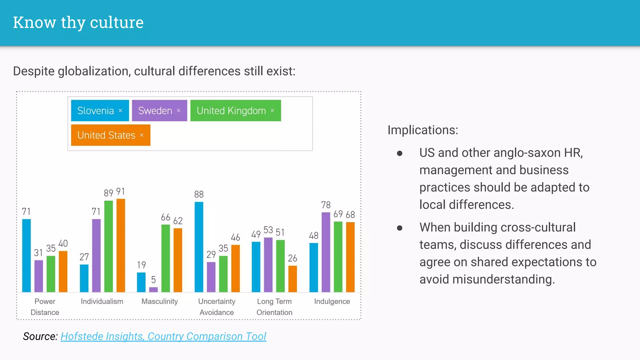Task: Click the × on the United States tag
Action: tap(142, 135)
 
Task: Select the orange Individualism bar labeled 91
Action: tap(121, 245)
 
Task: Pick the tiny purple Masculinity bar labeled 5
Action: tap(153, 289)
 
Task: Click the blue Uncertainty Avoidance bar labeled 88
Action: tap(199, 247)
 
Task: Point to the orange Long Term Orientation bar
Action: tap(292, 279)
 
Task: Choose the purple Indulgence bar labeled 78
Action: tap(326, 252)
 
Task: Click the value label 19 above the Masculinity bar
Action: tap(141, 265)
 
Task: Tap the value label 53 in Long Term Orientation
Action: tap(268, 230)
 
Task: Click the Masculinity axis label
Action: tap(159, 301)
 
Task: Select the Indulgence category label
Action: tap(332, 301)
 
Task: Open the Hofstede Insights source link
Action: tap(163, 336)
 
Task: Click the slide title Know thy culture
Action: tap(78, 22)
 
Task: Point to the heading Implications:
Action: tap(422, 130)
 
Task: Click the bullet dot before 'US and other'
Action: tap(399, 153)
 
